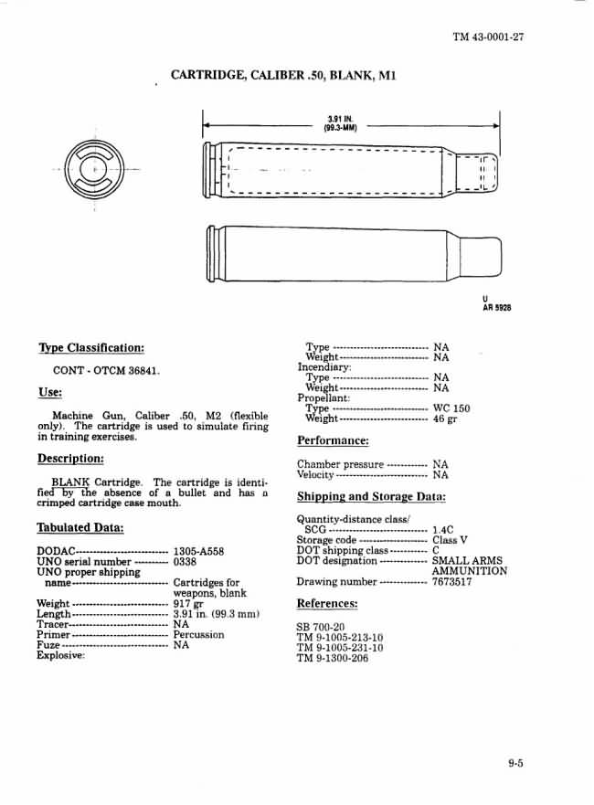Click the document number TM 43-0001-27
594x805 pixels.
point(487,37)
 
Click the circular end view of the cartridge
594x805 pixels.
point(94,170)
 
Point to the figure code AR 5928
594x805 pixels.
point(496,308)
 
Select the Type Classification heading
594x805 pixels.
point(90,348)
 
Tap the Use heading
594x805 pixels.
point(49,392)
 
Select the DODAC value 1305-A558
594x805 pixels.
point(198,552)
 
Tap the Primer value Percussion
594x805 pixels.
point(198,634)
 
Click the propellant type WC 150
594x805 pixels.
point(451,408)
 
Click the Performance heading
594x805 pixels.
point(333,440)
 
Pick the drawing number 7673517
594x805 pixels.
point(451,581)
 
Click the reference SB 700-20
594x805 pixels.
point(321,627)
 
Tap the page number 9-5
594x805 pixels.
point(516,764)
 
